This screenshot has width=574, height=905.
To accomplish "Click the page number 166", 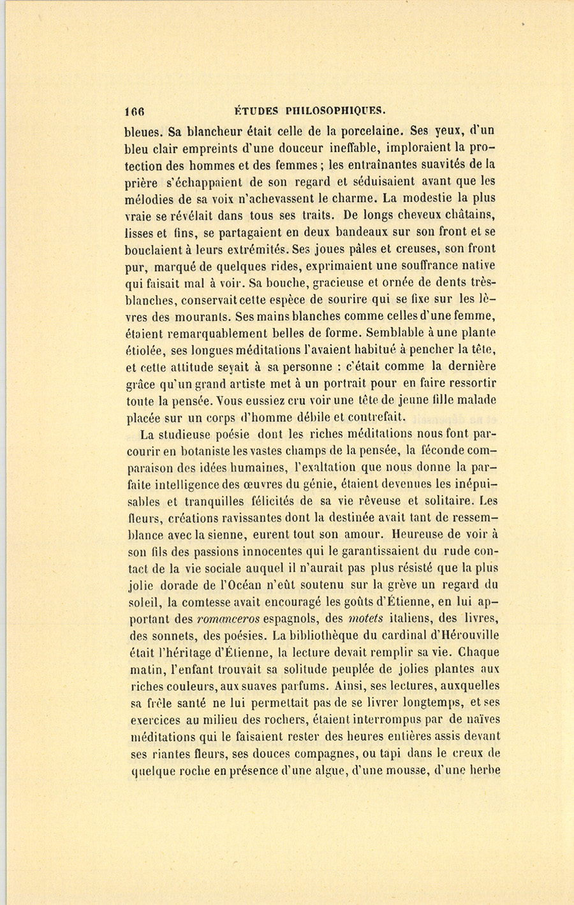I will (x=135, y=110).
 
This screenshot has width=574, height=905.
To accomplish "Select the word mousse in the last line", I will (x=401, y=771).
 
